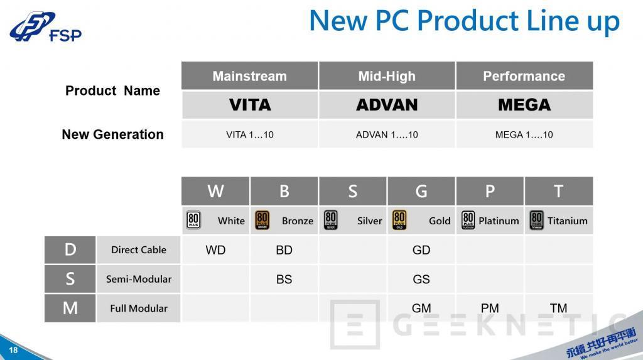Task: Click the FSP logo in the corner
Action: [x=45, y=28]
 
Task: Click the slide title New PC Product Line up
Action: [x=464, y=21]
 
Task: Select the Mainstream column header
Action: [x=249, y=76]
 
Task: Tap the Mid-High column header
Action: [x=387, y=76]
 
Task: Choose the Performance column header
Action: [x=524, y=76]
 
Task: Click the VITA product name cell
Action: [x=249, y=105]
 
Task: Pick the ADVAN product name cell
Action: [x=387, y=105]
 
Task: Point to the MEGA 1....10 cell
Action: [x=524, y=134]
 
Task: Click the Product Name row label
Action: [x=112, y=90]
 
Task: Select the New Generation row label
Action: [x=112, y=134]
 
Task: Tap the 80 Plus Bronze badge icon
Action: [x=262, y=221]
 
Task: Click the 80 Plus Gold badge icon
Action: [x=399, y=221]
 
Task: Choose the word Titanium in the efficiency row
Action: [x=567, y=221]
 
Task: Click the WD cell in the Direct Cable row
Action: [x=215, y=250]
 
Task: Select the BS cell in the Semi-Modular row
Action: [x=284, y=279]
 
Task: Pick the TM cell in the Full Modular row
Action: [x=558, y=308]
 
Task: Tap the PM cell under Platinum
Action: [x=490, y=308]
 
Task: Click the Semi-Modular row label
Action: [x=138, y=279]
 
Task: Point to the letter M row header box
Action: [x=70, y=308]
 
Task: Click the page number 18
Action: [x=13, y=350]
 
